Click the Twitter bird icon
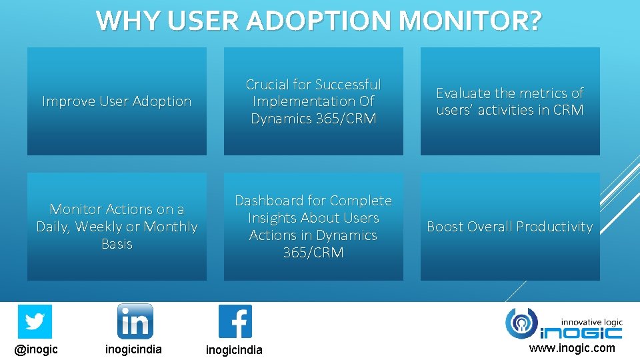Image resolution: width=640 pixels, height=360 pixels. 35,321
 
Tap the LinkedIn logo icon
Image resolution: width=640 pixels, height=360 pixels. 135,321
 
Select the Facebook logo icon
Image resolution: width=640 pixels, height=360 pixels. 235,321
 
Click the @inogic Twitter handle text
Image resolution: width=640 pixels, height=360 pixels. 36,349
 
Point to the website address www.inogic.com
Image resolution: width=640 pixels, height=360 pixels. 572,348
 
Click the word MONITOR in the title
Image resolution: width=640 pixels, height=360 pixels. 470,21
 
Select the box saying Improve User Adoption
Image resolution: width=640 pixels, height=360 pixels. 117,101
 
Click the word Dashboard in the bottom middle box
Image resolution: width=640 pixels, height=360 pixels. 271,201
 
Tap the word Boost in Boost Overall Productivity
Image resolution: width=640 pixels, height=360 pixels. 446,227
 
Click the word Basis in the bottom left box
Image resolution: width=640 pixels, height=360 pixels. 117,244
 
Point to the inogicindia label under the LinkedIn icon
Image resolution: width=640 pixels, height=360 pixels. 133,349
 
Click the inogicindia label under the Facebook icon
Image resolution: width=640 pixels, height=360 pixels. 234,350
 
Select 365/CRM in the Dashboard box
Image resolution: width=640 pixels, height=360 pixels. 313,253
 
